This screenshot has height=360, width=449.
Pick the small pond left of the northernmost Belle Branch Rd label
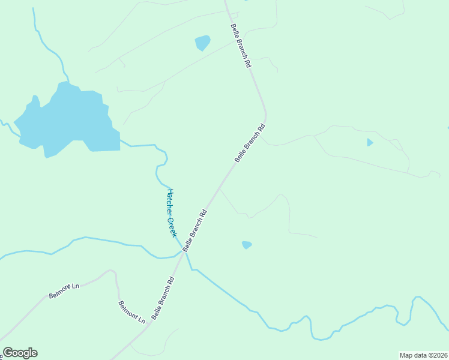coord(202,43)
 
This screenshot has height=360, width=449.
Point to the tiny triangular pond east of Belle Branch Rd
coord(369,142)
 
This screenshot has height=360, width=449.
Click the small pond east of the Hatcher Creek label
coord(246,245)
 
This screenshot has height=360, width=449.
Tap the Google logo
coord(20,353)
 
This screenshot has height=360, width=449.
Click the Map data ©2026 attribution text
coord(424,355)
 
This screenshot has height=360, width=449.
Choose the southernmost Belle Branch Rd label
coord(163,298)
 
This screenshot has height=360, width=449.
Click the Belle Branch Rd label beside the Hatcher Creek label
coord(195,229)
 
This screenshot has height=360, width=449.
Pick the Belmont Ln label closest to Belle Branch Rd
coord(132,313)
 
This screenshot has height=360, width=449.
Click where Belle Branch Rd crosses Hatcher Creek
coord(185,252)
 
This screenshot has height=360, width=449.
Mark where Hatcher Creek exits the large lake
coord(120,140)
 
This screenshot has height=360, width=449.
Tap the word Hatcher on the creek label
coord(170,201)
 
